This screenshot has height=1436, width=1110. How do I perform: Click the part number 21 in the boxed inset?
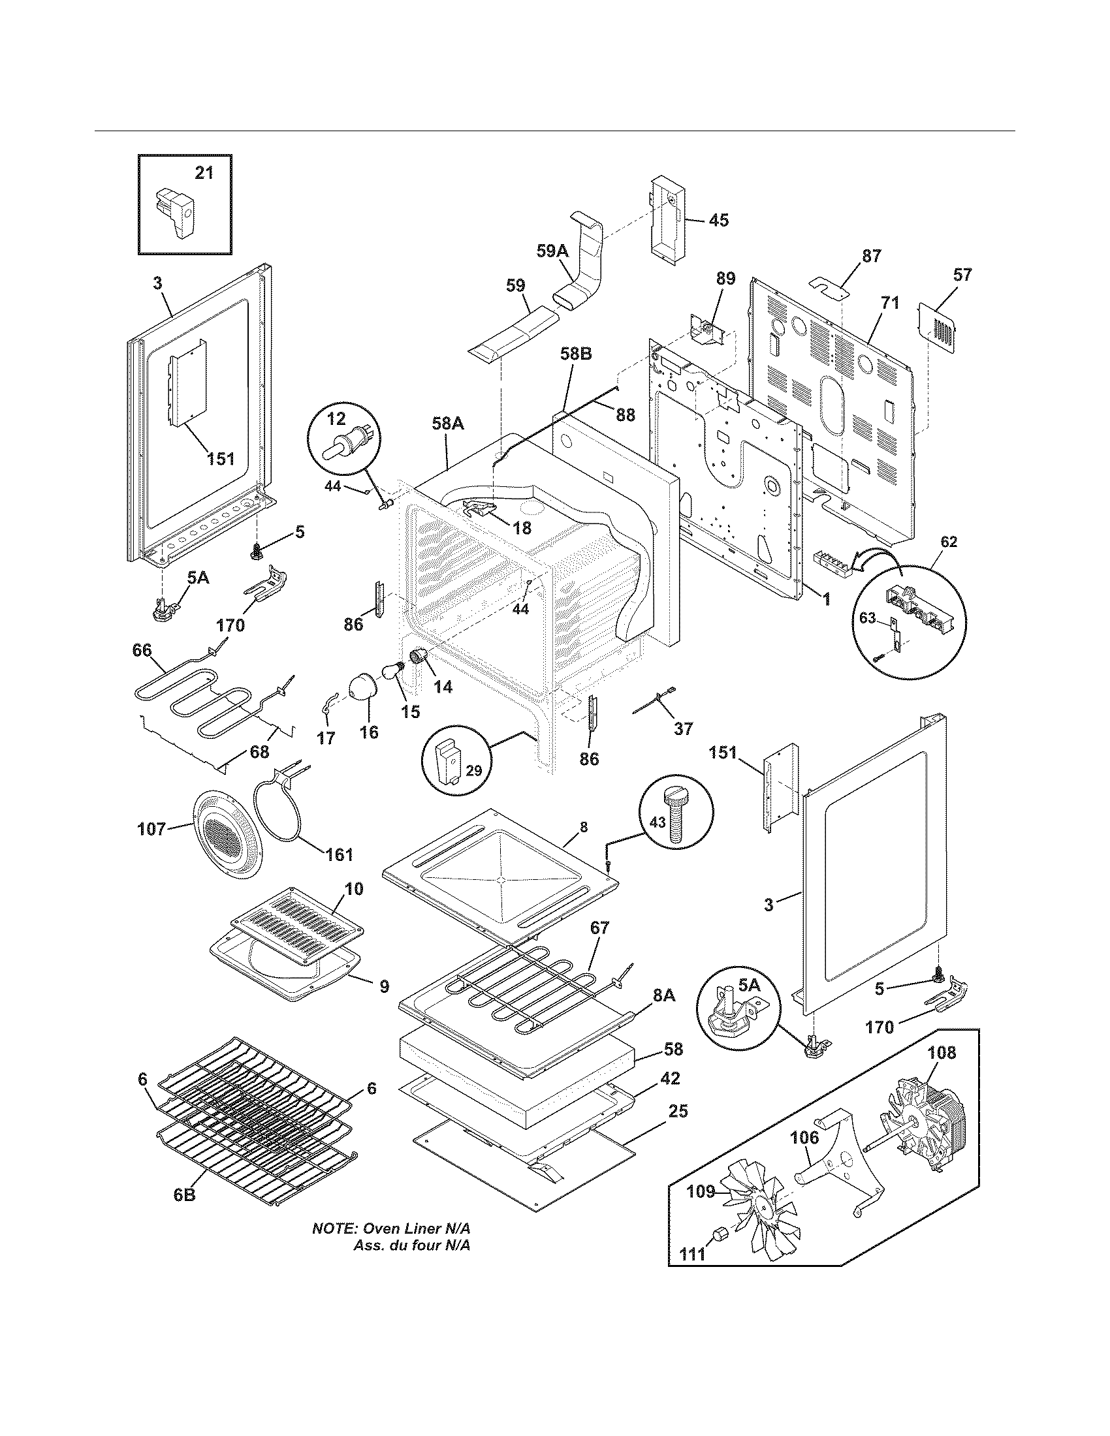204,173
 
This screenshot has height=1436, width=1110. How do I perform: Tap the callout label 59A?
552,252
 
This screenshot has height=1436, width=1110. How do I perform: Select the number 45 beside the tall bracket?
719,220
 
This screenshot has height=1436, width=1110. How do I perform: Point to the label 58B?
575,354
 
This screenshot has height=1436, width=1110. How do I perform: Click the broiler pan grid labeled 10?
296,926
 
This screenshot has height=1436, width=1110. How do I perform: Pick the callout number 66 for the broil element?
142,650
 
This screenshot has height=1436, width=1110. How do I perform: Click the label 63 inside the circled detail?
868,618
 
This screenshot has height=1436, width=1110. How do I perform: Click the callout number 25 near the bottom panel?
678,1110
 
